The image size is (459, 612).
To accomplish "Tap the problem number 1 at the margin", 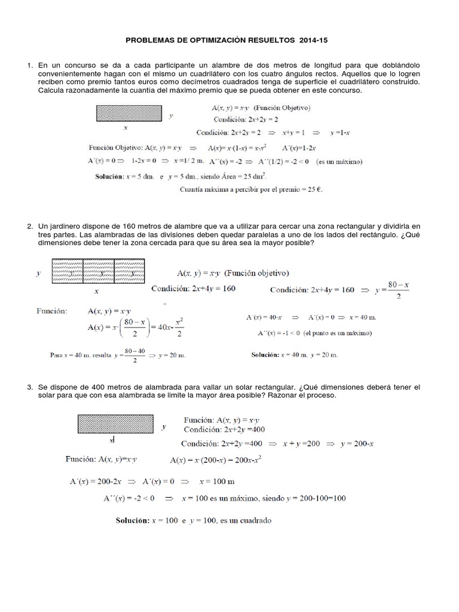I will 29,64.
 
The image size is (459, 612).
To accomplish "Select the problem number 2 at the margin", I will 29,227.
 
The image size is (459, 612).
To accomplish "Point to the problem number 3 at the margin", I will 29,388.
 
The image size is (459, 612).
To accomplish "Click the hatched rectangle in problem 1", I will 128,114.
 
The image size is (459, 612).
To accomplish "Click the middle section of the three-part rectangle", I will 97,272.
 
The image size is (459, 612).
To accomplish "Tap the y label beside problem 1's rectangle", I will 172,116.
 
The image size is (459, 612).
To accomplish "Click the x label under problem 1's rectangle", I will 126,127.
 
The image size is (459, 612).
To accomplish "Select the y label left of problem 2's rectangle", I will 38,273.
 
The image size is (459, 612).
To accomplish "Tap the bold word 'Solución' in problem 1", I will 111,177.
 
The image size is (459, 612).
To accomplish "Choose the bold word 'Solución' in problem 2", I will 265,354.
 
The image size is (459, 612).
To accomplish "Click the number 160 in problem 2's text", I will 117,227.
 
